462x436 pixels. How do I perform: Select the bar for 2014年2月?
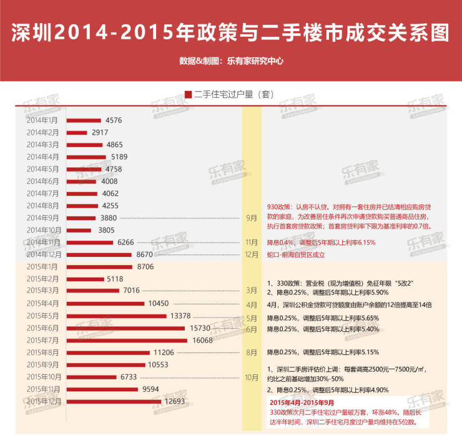(x=77, y=132)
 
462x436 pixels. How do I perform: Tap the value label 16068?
(x=204, y=341)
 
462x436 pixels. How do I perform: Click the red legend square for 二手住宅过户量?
(x=188, y=95)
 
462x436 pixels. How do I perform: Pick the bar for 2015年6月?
(x=125, y=328)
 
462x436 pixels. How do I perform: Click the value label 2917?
(x=100, y=132)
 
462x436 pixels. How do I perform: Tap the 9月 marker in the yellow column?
(x=252, y=218)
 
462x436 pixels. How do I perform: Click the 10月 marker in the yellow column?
(x=252, y=377)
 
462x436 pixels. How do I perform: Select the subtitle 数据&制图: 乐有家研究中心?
(x=231, y=61)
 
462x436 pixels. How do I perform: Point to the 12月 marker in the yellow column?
(x=252, y=255)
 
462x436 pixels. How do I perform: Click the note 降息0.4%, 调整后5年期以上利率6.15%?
(x=321, y=242)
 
